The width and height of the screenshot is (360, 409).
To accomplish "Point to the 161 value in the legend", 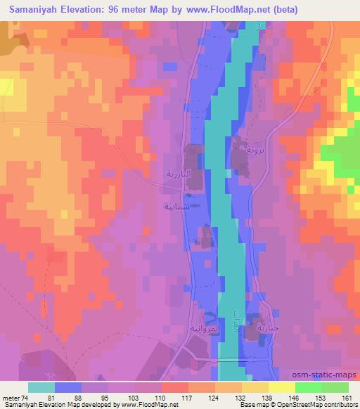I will tap(347, 398).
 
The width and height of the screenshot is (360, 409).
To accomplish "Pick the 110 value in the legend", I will tap(162, 398).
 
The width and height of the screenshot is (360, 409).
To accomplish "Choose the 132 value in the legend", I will tap(242, 398).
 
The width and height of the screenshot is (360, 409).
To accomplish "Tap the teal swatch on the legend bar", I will tap(41, 387).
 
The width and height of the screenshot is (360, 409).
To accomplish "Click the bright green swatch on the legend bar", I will tap(309, 387).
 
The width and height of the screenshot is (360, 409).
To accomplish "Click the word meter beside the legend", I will tap(8, 398).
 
